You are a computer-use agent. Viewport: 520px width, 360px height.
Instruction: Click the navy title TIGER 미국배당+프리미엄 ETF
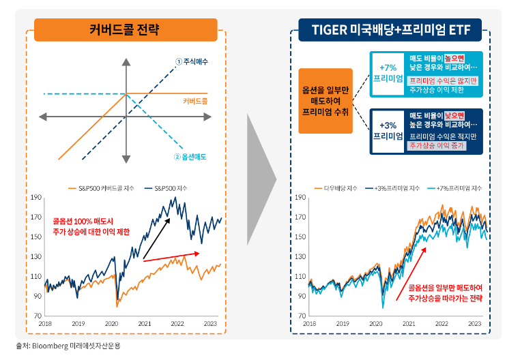click(391, 29)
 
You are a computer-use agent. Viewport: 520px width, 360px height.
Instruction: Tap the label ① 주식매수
click(191, 62)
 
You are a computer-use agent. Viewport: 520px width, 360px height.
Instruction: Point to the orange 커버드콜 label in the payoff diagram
click(195, 101)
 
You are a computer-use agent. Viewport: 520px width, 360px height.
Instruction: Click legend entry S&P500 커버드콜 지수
click(102, 187)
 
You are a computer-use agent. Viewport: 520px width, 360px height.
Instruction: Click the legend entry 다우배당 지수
click(335, 187)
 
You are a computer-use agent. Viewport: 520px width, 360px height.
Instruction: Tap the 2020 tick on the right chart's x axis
click(375, 323)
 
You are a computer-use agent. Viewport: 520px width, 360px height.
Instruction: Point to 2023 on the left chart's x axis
click(210, 323)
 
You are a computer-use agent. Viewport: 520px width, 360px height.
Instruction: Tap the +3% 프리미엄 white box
click(387, 130)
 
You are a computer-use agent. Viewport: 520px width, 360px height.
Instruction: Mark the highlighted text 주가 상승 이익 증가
click(437, 145)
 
